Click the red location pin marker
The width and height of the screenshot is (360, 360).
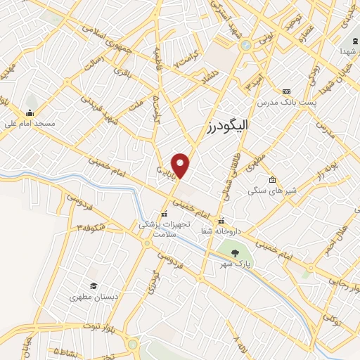click(181, 165)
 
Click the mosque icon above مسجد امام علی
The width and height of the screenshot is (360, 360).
click(30, 112)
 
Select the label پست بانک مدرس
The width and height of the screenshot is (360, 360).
click(286, 102)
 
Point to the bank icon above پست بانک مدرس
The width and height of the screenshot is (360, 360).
click(286, 91)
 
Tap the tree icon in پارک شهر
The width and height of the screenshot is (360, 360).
click(235, 254)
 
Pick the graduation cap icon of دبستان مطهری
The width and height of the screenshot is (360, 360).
click(93, 285)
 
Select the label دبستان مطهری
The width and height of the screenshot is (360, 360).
click(93, 297)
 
